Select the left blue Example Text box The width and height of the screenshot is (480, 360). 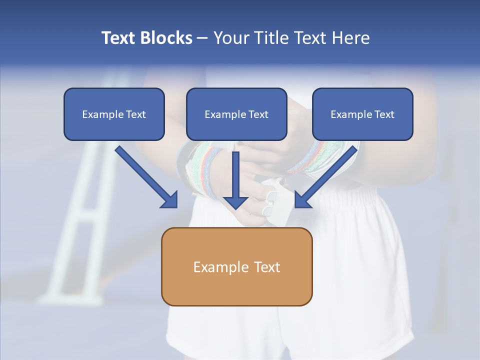pos(114,114)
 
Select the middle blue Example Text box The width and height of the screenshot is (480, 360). pos(236,114)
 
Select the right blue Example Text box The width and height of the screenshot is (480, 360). pos(362,114)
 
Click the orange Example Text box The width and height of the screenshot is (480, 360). pos(236,266)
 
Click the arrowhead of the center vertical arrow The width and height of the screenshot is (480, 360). pos(235,202)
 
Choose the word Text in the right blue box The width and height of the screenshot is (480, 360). pos(384,114)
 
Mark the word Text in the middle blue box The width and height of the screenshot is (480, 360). pos(258,114)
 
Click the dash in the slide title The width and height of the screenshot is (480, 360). pos(202,38)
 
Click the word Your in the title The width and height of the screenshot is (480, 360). pos(230,38)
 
